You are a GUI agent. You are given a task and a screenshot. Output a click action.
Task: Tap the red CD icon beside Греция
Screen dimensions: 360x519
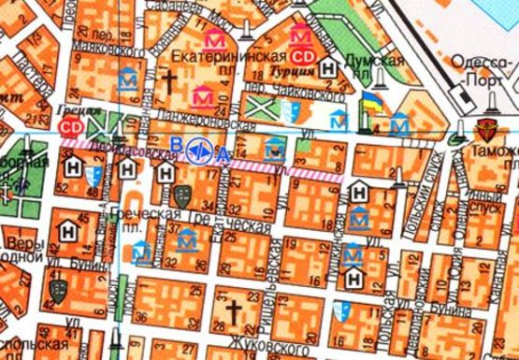[x=69, y=124]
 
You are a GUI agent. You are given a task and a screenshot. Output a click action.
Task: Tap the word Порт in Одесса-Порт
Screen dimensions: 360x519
[x=481, y=79]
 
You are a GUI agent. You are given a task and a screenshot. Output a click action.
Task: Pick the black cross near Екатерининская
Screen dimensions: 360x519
[x=171, y=82]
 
